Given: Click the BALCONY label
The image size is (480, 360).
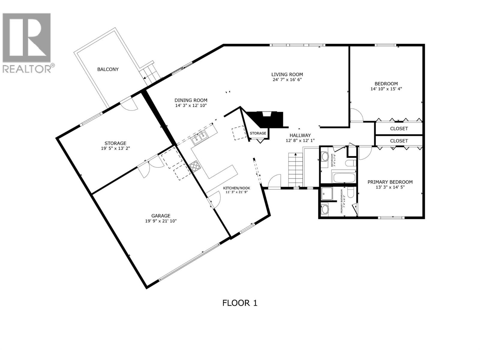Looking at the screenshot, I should point(108,69).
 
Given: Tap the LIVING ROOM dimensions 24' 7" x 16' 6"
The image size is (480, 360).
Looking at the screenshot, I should point(287,80).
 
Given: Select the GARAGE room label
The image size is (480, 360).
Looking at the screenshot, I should point(161,216).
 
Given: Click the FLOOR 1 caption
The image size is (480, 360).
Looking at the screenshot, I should point(240,303).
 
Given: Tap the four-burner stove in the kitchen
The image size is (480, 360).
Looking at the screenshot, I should point(194,166).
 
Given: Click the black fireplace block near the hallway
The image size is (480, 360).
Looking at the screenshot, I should point(267,119).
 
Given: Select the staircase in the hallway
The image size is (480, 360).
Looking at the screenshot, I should point(296,169).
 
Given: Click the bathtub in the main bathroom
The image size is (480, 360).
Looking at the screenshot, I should point(343,177).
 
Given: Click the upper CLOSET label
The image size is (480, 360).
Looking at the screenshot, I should point(399,129).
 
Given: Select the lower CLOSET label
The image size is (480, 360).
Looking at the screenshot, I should point(399,141).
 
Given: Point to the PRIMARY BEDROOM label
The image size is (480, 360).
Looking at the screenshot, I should point(390,182).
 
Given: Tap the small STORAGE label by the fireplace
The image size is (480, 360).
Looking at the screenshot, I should point(258,133).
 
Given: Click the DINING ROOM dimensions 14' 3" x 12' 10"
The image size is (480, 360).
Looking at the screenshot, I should point(191,106).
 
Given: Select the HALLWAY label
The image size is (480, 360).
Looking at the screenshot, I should point(300,135).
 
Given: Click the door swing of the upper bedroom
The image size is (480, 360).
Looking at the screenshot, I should point(356,115).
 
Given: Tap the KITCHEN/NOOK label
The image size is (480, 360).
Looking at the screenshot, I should point(236,188).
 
